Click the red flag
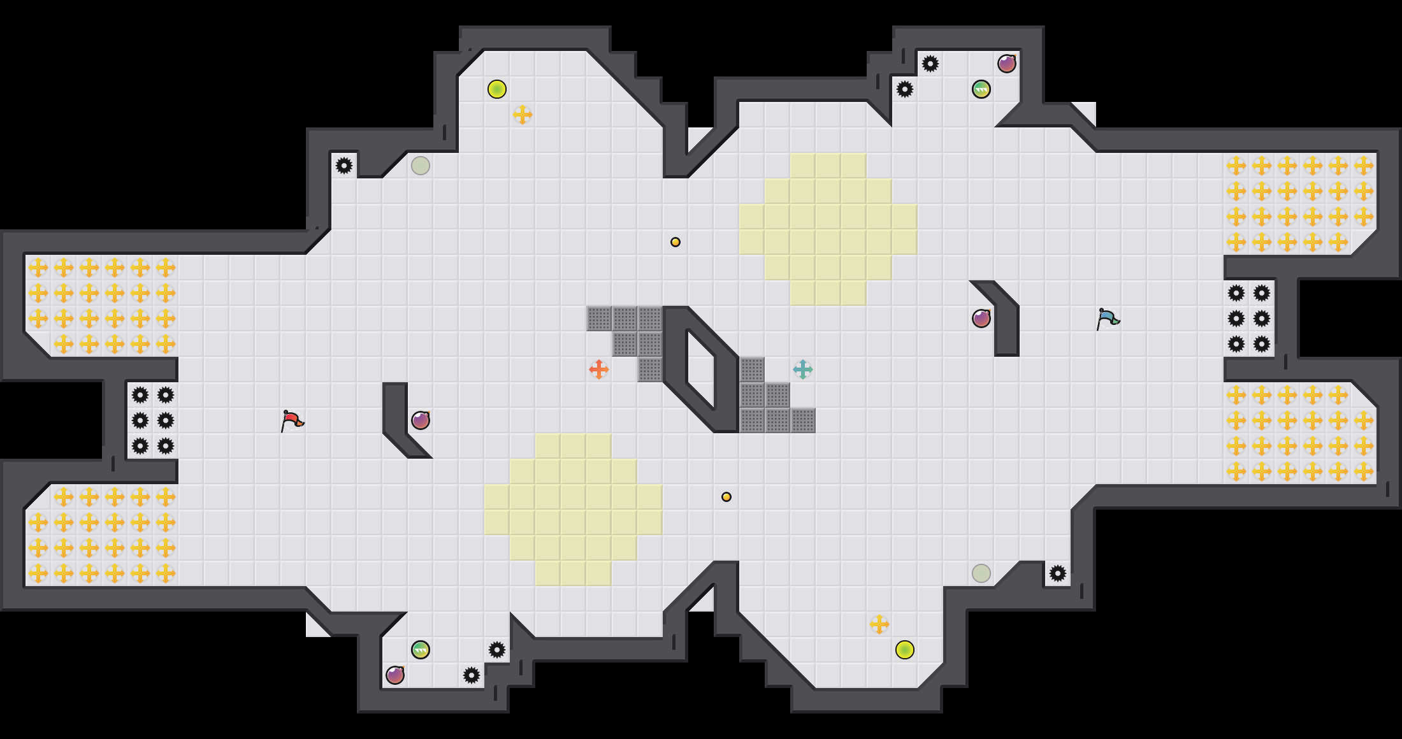point(292,420)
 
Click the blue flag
point(1108,319)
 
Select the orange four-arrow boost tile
point(598,369)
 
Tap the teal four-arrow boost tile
point(802,369)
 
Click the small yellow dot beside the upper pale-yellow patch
point(676,242)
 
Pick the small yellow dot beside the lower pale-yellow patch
point(726,497)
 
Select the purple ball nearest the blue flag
point(981,319)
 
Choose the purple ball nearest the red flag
point(421,420)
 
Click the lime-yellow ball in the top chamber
point(497,89)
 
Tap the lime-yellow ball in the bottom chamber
point(905,650)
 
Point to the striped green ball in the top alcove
point(981,89)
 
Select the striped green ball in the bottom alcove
point(421,650)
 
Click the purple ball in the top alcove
point(1007,64)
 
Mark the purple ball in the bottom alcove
point(395,675)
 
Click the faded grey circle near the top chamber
point(421,166)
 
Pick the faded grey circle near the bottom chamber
point(981,573)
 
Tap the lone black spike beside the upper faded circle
point(344,166)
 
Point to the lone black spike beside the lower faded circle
point(1058,573)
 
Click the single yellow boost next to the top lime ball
point(523,115)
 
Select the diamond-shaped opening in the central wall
point(701,369)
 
